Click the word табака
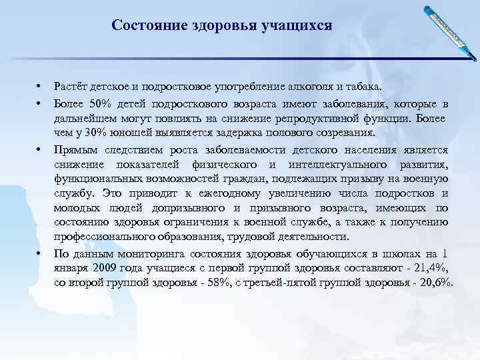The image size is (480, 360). point(364,87)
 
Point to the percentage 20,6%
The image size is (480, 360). point(434,283)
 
